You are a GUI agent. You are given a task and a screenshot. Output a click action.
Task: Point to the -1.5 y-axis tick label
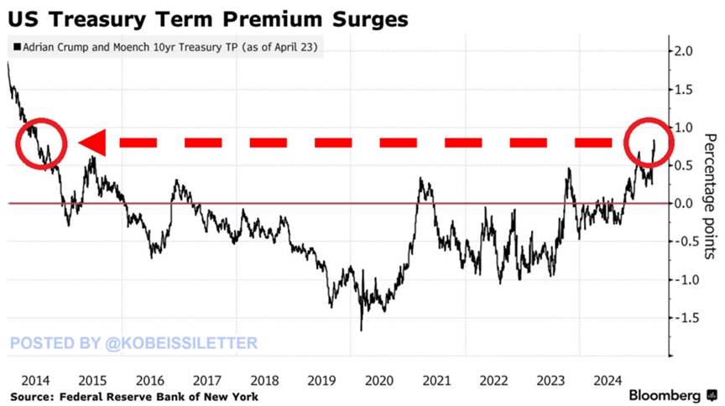point(688,318)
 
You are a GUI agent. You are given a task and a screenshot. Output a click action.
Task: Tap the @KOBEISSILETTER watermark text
point(135,342)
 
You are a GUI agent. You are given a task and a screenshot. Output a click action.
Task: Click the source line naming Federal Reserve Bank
point(134,396)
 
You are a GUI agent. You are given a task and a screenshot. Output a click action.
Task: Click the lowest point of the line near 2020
point(362,330)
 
